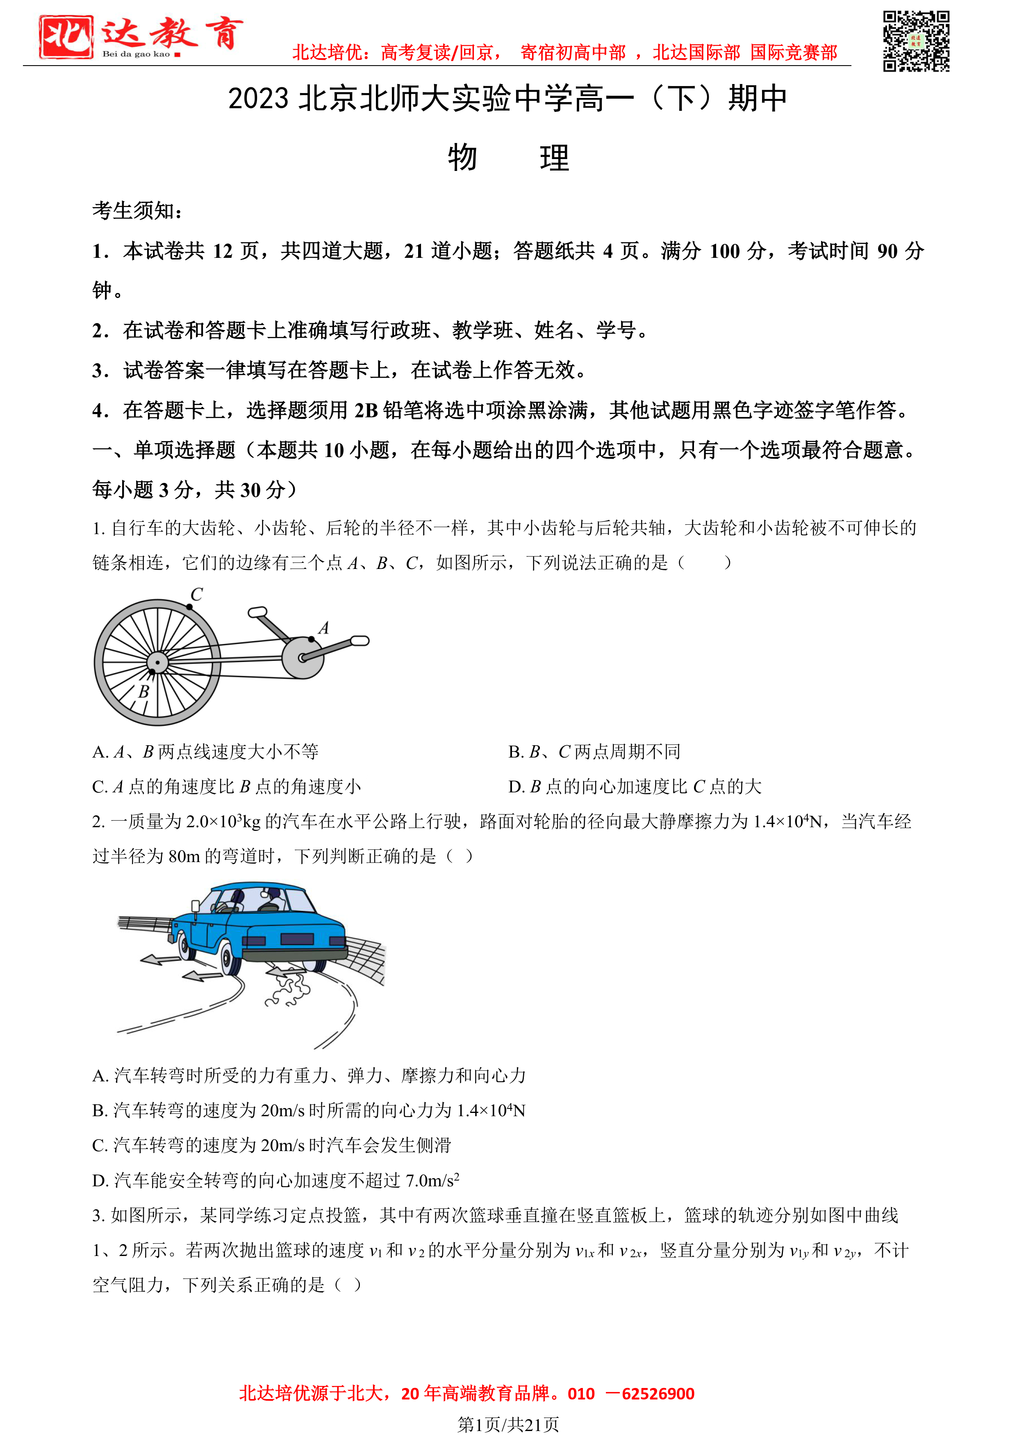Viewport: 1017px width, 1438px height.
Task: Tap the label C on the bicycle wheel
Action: tap(197, 594)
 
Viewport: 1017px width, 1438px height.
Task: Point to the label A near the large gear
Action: tap(324, 628)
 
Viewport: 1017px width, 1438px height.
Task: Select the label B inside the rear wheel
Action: tap(143, 692)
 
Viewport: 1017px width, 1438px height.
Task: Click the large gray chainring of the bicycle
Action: tap(303, 658)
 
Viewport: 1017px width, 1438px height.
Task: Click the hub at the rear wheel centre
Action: tap(157, 662)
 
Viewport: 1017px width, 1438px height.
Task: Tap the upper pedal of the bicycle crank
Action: tap(257, 612)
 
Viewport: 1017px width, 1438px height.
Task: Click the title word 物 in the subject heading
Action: tap(462, 158)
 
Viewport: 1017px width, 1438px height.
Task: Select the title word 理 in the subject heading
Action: tap(554, 158)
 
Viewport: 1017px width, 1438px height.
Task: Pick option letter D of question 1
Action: tap(515, 787)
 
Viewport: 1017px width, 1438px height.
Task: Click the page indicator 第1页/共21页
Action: tap(508, 1425)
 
